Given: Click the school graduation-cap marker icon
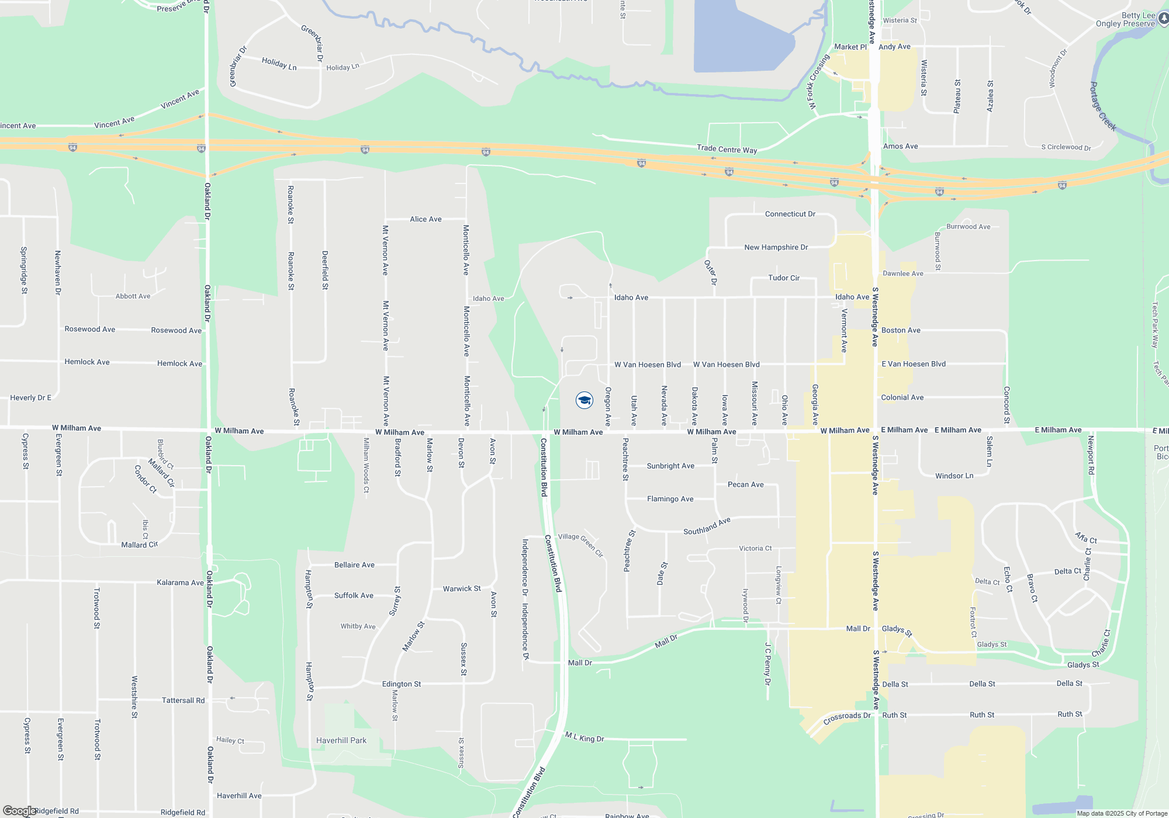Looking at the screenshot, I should [584, 400].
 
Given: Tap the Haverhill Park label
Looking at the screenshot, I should [341, 740].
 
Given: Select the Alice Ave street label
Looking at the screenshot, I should [426, 219].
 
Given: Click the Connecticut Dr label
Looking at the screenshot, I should [790, 214].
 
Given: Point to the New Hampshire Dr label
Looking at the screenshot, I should [776, 247].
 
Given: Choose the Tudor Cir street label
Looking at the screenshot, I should [783, 278].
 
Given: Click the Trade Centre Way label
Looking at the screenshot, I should [727, 149].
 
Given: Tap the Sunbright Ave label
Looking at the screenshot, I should [670, 466].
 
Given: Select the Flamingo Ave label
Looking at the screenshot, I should [670, 499].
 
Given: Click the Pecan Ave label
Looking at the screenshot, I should [745, 484].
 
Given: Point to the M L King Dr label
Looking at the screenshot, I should [584, 737].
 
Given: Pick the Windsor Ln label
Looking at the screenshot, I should [954, 476].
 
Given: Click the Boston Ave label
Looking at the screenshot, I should [901, 330].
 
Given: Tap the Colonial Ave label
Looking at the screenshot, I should [902, 397].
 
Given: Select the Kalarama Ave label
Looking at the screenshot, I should [180, 583].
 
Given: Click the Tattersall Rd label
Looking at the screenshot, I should [183, 700].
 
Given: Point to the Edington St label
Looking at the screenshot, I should [401, 684].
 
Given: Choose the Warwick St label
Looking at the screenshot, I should [461, 588].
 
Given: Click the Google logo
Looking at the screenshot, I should [19, 811].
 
